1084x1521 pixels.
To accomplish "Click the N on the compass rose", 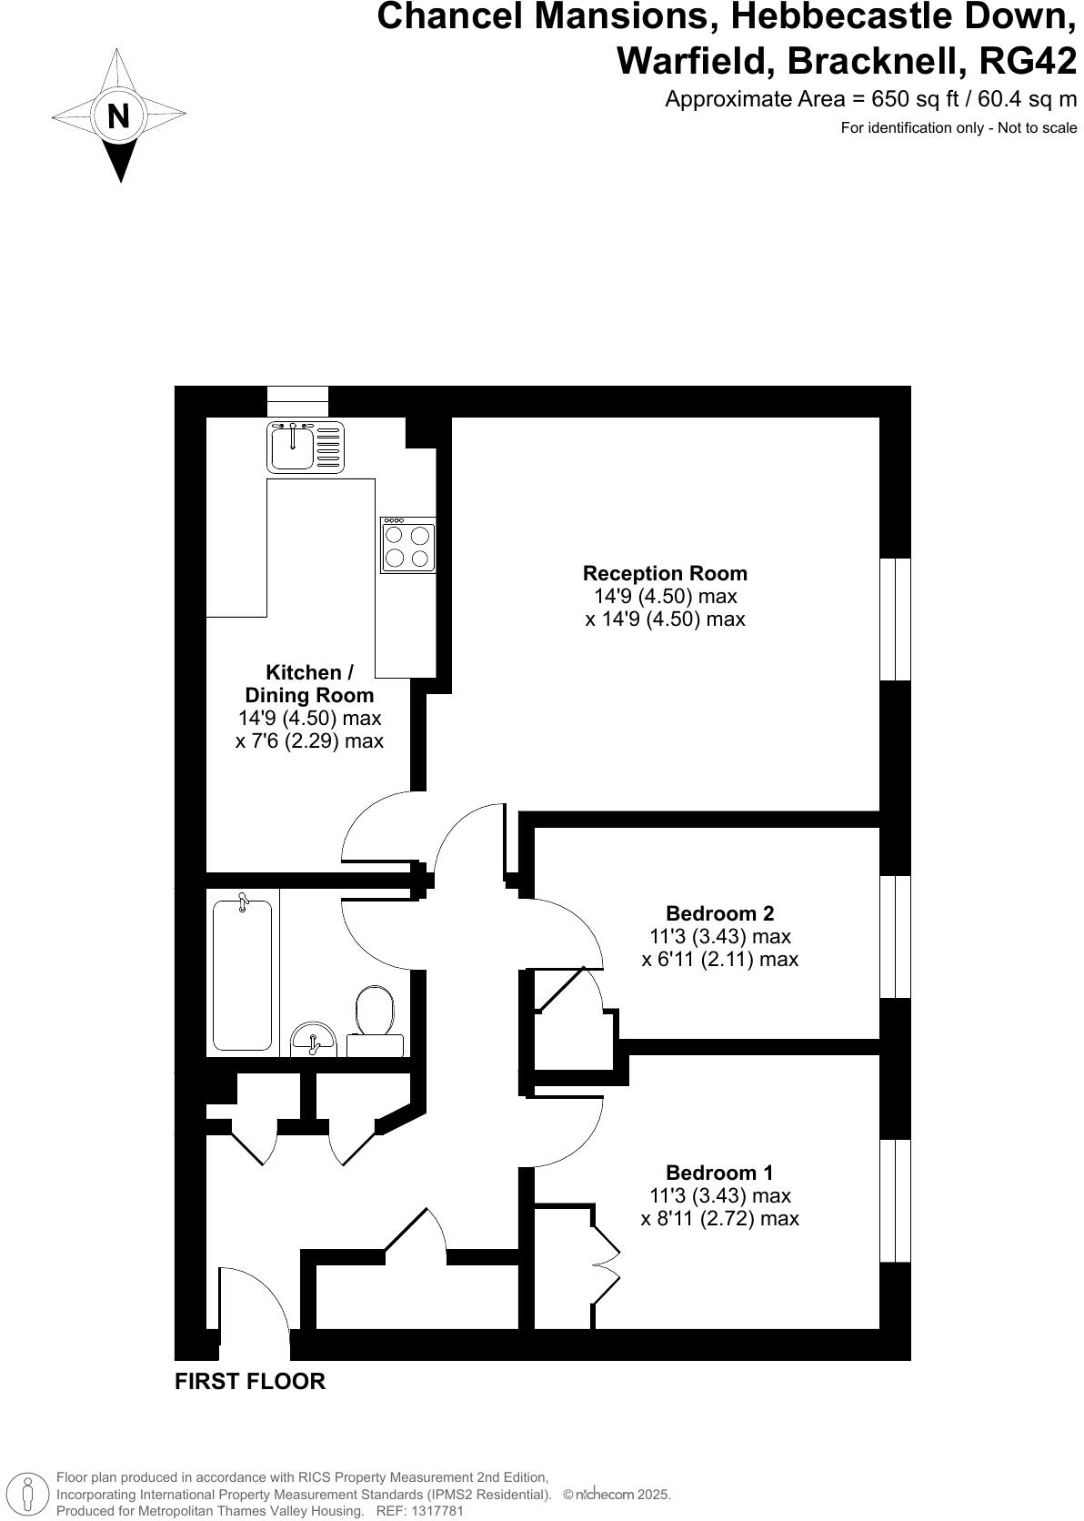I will click(118, 116).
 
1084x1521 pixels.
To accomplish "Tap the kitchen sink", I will click(306, 447).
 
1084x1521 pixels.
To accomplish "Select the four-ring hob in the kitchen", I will click(407, 545).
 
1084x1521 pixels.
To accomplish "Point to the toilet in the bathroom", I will click(375, 1019).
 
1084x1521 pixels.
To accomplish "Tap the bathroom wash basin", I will click(313, 1039).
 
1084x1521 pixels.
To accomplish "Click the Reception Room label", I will click(665, 573).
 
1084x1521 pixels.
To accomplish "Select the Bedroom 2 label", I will click(719, 912).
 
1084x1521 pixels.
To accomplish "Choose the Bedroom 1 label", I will click(719, 1172).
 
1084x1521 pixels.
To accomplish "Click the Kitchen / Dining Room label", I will click(308, 684).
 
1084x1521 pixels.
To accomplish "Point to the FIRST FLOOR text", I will click(249, 1381).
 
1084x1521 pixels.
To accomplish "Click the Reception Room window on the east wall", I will click(895, 619).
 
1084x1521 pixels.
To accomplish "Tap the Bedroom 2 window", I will click(895, 936).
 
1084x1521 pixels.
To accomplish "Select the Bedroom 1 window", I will click(895, 1200).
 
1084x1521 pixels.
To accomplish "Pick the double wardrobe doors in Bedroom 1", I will click(604, 1264).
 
